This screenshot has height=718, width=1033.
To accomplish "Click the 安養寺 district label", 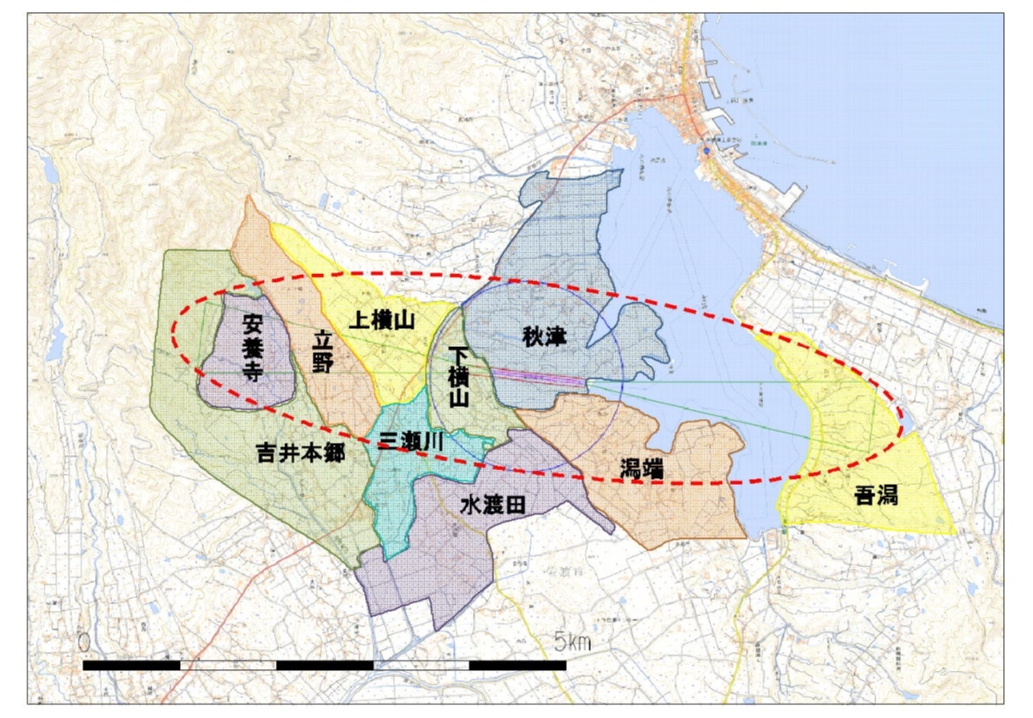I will pos(254,347).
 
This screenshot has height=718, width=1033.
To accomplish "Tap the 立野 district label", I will pos(322,350).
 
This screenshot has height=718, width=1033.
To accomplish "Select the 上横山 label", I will pos(382,321).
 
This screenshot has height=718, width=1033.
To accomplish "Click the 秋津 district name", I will pos(546,336).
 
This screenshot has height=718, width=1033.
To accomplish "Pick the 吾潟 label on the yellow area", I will pos(876,494).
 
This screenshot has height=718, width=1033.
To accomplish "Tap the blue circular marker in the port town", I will pos(705,150).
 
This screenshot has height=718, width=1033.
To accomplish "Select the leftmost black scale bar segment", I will pos(131,665).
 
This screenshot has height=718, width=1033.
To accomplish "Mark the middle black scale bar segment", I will pos(325,665).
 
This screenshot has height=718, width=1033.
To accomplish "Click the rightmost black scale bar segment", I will pos(517,665).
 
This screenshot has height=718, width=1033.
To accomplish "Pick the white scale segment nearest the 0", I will pos(228,665).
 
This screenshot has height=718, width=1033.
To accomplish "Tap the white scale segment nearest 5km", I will pos(421,665).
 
